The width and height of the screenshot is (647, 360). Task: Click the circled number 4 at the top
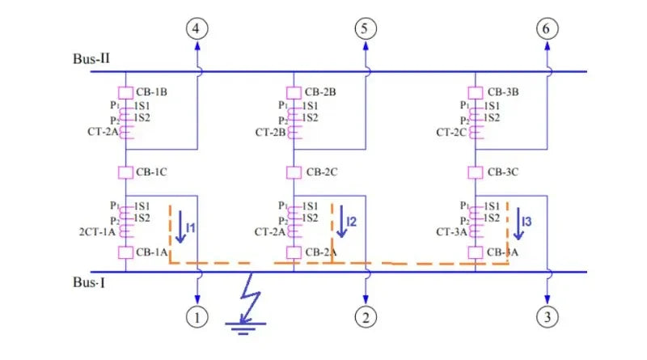click(x=197, y=30)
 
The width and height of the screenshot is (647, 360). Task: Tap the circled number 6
click(x=548, y=30)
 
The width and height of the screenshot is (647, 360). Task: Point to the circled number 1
click(x=197, y=316)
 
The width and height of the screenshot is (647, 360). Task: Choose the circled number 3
click(x=548, y=316)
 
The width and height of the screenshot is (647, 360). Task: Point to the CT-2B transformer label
click(x=272, y=132)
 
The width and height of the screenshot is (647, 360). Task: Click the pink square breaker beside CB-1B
click(x=125, y=92)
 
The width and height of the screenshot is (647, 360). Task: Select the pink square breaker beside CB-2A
click(x=293, y=252)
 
